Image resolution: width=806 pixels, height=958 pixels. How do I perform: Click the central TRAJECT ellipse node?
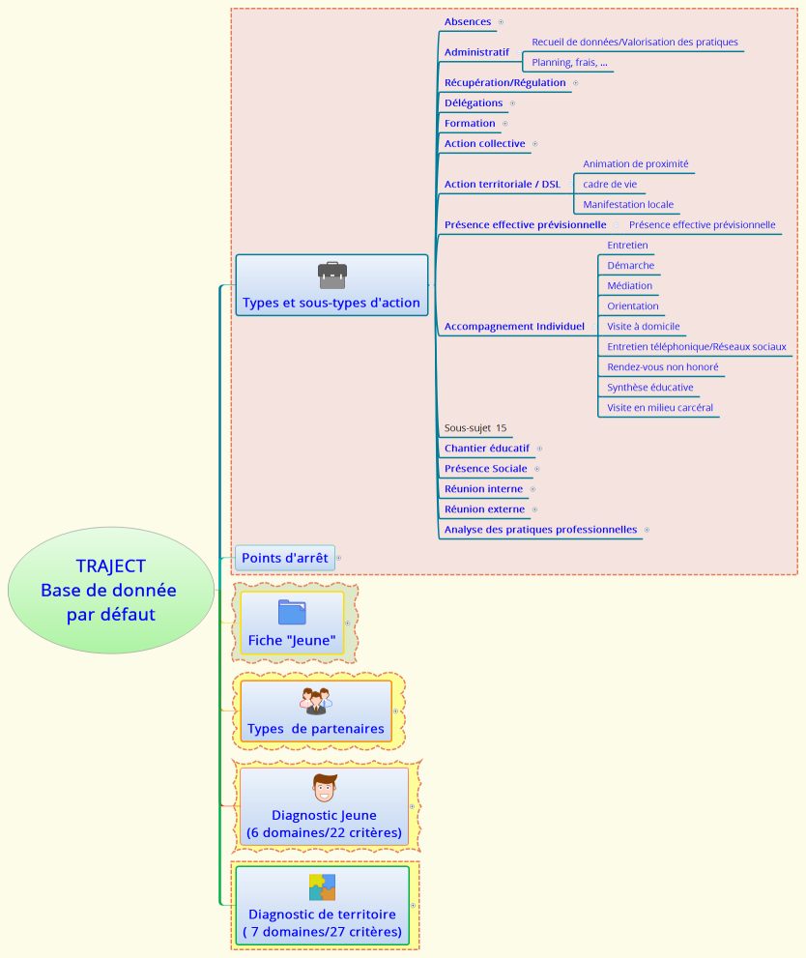tap(111, 590)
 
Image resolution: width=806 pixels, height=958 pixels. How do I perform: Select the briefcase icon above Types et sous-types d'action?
tap(331, 276)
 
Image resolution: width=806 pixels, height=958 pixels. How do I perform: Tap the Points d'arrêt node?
tap(285, 558)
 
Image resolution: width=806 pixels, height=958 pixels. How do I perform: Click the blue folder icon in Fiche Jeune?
tap(292, 612)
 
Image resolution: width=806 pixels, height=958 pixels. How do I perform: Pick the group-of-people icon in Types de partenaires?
tap(315, 701)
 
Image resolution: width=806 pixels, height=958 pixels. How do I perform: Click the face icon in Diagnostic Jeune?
tap(325, 788)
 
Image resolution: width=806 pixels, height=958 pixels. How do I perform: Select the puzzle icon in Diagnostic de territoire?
tap(322, 887)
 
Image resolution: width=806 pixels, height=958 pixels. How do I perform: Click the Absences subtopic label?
tap(468, 21)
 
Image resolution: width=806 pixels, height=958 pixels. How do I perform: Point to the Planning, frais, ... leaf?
tap(569, 63)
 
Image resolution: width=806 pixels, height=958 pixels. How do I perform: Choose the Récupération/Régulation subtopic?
tap(504, 83)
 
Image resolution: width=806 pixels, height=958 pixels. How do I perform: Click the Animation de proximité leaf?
tap(635, 164)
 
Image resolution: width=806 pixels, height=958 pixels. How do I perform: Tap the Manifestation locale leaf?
tap(628, 205)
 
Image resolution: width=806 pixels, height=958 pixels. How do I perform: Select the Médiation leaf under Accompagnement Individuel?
tap(629, 286)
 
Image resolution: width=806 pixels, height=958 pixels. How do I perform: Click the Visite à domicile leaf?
tap(644, 327)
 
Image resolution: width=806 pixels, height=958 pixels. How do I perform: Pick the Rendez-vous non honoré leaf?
tap(662, 367)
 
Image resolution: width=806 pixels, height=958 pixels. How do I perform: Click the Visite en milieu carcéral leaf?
tap(659, 408)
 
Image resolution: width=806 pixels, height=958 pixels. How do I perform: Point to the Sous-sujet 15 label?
tap(475, 427)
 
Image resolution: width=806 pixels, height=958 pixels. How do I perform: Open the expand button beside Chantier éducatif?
tap(539, 449)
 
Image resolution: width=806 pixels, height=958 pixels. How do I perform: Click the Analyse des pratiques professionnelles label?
tap(540, 530)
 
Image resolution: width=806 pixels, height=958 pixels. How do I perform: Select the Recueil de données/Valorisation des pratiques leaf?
tap(635, 43)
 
